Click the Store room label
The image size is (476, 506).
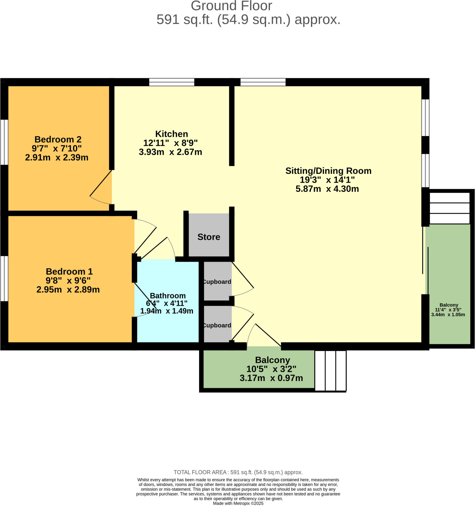click(209, 237)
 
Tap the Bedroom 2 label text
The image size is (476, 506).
click(58, 140)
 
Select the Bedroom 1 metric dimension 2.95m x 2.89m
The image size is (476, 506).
click(68, 290)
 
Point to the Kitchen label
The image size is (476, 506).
click(172, 134)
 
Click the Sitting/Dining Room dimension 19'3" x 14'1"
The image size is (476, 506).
click(327, 180)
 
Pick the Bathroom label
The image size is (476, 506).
click(168, 296)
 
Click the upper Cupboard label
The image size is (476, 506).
click(217, 282)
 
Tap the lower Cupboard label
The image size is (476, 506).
click(217, 325)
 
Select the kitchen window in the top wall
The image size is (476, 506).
click(172, 82)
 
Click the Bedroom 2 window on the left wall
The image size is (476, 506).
click(4, 142)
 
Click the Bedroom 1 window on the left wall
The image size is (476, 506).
click(4, 278)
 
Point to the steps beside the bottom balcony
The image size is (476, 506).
click(330, 371)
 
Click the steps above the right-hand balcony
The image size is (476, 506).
click(449, 208)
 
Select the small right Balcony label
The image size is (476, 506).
click(449, 305)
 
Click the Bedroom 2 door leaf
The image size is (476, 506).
click(101, 183)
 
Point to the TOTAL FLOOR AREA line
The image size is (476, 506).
click(238, 472)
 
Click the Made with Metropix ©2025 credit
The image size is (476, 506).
click(238, 504)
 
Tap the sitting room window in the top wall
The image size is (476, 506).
click(263, 82)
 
